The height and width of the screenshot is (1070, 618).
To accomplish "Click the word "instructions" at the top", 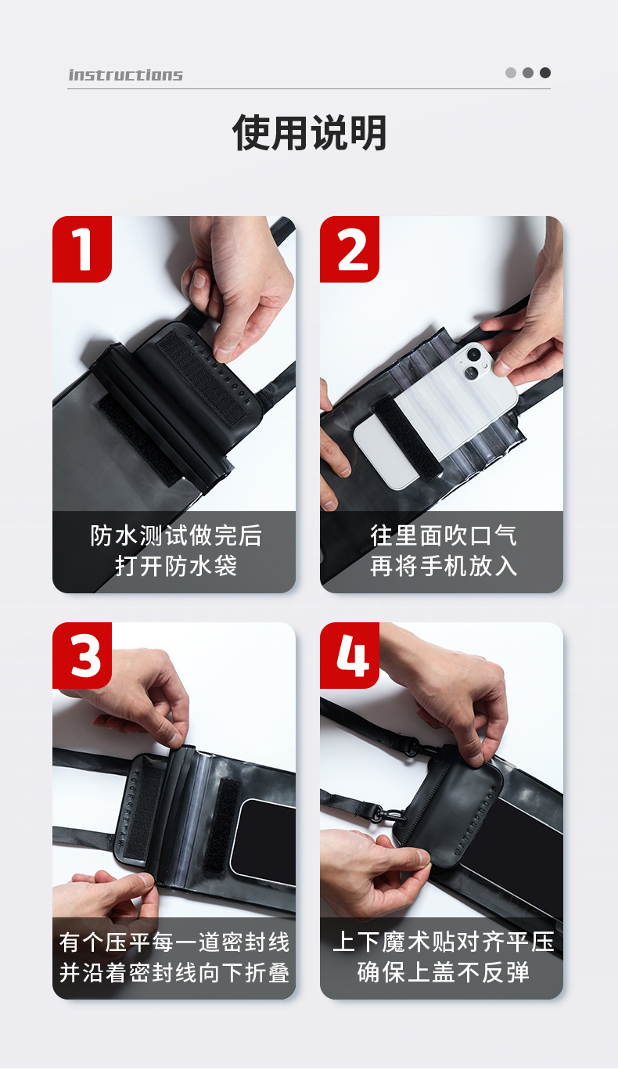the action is [x=125, y=74].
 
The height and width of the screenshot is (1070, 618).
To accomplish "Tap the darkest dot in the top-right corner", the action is [x=545, y=73].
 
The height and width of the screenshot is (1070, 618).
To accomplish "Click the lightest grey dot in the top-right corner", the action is [x=511, y=73].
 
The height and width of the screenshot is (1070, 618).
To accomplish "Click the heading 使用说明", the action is [x=309, y=132].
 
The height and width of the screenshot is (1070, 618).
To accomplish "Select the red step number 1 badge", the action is [x=82, y=249].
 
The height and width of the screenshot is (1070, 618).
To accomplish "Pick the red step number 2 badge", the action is [x=350, y=249].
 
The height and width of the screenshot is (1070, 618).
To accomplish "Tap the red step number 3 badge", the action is [x=82, y=655].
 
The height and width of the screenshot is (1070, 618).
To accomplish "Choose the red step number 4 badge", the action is [x=350, y=655].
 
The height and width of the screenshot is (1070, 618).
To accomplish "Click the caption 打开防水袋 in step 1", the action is [x=176, y=566].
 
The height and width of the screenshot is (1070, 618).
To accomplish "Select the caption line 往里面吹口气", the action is [x=444, y=535].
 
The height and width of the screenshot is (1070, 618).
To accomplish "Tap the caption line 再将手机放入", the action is [x=444, y=566].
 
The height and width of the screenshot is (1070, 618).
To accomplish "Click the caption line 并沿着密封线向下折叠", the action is [x=174, y=973].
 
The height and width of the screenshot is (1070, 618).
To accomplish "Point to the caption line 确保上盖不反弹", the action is [x=444, y=971].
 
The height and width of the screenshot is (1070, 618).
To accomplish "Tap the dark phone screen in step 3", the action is [x=264, y=841].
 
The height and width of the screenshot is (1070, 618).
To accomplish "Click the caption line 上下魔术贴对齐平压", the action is [x=444, y=942].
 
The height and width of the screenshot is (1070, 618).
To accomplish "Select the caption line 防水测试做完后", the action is [x=176, y=535].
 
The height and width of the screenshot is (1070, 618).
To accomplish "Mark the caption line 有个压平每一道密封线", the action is [x=174, y=942].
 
